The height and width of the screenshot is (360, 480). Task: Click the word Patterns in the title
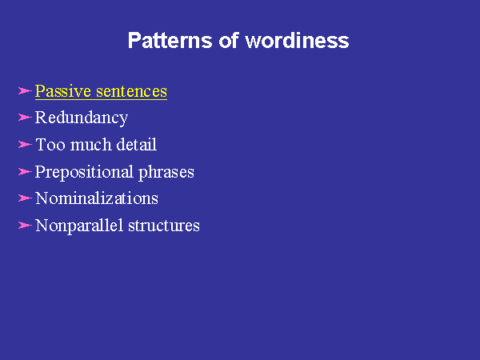pyautogui.click(x=170, y=40)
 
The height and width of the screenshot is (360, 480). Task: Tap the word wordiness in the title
pyautogui.click(x=297, y=40)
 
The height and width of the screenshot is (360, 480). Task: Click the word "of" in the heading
pyautogui.click(x=228, y=40)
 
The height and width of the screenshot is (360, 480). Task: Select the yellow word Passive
pyautogui.click(x=63, y=91)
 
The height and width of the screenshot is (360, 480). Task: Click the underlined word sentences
pyautogui.click(x=132, y=91)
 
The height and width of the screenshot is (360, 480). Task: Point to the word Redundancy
pyautogui.click(x=82, y=118)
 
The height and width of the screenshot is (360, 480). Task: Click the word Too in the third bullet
pyautogui.click(x=50, y=145)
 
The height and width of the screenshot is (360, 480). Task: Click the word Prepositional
pyautogui.click(x=84, y=172)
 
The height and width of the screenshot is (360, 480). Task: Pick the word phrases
pyautogui.click(x=166, y=172)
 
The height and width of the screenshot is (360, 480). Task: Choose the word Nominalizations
pyautogui.click(x=97, y=198)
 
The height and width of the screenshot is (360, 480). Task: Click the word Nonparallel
pyautogui.click(x=79, y=226)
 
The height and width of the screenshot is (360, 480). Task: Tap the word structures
pyautogui.click(x=164, y=226)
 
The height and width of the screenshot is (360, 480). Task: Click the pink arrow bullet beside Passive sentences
pyautogui.click(x=25, y=91)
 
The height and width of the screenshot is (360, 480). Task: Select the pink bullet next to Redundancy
pyautogui.click(x=25, y=118)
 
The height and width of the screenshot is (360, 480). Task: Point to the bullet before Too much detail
pyautogui.click(x=25, y=145)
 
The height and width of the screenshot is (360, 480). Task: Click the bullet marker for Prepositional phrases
pyautogui.click(x=25, y=171)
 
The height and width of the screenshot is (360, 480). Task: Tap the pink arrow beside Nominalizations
pyautogui.click(x=25, y=198)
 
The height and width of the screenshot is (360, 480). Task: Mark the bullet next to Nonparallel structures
pyautogui.click(x=25, y=226)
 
